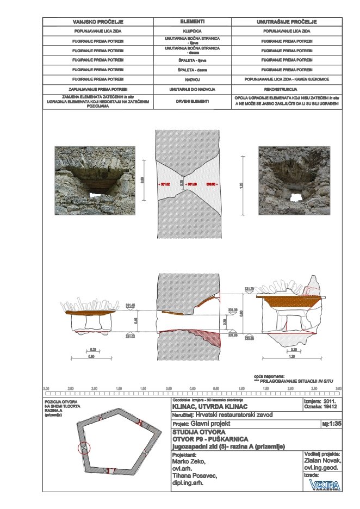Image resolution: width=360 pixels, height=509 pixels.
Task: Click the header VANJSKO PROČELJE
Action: [x=98, y=22]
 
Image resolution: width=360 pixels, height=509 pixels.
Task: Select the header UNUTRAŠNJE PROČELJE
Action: [x=287, y=22]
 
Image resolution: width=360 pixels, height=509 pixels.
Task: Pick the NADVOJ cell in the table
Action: [x=192, y=79]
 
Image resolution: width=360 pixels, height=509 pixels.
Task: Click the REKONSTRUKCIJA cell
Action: [x=287, y=88]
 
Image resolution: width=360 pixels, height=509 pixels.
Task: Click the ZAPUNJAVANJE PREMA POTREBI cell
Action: [x=98, y=88]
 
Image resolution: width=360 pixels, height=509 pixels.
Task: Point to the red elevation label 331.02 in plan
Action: [x=164, y=185]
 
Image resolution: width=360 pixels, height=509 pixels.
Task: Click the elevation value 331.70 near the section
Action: [x=250, y=288]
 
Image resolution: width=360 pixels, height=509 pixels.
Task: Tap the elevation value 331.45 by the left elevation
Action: [x=130, y=305]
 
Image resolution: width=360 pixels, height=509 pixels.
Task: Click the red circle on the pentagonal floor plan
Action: [x=84, y=449]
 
